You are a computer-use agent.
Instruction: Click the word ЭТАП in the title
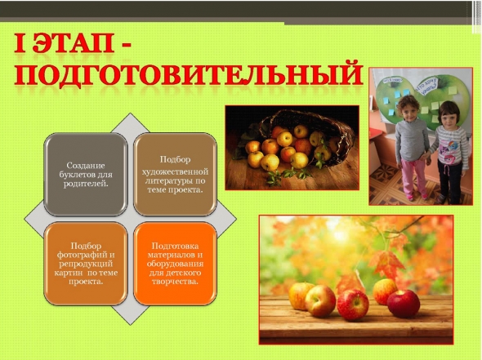click(x=74, y=43)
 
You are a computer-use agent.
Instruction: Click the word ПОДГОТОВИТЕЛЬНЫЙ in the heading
click(x=188, y=74)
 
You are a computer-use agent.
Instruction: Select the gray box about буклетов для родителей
click(x=86, y=174)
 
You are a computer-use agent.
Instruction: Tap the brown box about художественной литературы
click(x=175, y=174)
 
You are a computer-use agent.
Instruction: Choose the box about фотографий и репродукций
click(x=86, y=264)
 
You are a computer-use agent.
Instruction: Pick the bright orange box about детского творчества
click(x=175, y=264)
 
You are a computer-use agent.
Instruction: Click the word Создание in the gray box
click(x=86, y=166)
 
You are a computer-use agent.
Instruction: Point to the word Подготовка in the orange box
click(x=175, y=246)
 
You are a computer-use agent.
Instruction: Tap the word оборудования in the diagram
click(x=175, y=264)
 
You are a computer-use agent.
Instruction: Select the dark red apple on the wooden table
click(x=404, y=304)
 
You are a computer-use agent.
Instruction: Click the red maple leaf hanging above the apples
click(x=386, y=264)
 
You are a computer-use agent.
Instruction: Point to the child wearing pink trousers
click(x=412, y=148)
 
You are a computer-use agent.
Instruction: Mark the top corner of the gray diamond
click(x=131, y=113)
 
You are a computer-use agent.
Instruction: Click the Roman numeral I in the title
click(x=20, y=43)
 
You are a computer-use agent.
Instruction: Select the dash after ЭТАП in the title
click(x=124, y=45)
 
